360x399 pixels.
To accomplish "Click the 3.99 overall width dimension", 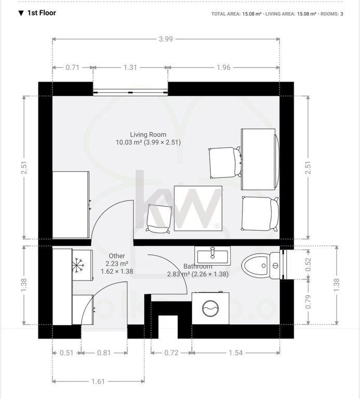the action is (166, 39).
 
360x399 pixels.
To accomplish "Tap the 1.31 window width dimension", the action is (130, 68).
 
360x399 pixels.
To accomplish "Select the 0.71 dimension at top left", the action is (73, 68).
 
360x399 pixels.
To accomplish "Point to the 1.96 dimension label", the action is (223, 68).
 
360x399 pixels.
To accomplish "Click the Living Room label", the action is (148, 135).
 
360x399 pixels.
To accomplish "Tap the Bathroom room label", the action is (198, 266).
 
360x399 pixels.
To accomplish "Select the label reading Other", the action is (117, 256).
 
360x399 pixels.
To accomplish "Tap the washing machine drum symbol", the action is (210, 308).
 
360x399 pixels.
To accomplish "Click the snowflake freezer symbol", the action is (77, 265).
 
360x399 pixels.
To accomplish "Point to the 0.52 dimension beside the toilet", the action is (308, 264).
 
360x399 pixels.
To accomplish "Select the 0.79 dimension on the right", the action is (308, 302).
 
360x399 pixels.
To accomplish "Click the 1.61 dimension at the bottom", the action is (98, 381).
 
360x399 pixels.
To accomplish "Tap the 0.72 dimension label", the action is (171, 353).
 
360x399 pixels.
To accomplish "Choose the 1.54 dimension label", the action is (236, 353).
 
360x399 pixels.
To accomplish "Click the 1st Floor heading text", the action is (42, 13).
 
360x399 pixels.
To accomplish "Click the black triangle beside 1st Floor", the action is (21, 13).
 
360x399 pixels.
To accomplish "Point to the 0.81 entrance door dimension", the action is (104, 353).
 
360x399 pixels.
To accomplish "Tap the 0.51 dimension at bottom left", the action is (66, 353).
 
